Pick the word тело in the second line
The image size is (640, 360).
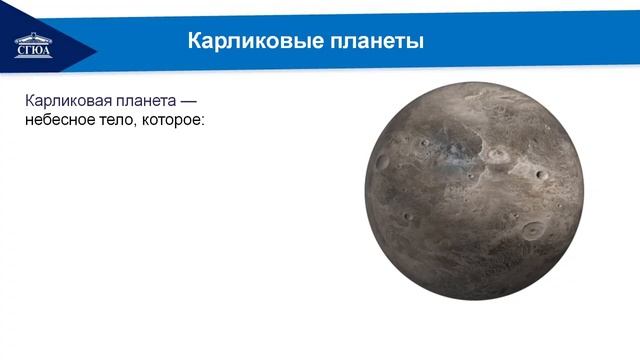click(120, 120)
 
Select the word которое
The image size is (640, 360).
click(173, 120)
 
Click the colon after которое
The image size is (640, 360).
click(203, 121)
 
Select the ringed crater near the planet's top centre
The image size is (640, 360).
click(497, 155)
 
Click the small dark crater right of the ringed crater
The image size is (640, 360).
click(541, 176)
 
